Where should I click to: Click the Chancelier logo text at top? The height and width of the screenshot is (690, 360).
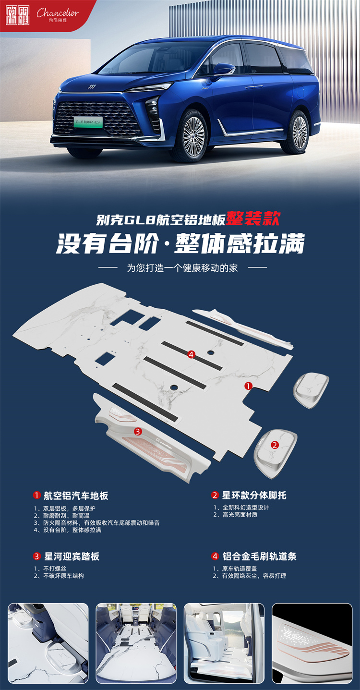tap(58, 12)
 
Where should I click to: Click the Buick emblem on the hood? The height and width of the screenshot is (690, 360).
tap(92, 86)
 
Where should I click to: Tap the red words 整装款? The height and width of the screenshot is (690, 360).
tap(253, 218)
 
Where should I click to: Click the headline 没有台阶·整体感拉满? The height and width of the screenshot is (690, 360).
tap(180, 243)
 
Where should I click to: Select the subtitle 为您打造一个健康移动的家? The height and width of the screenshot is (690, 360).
tap(182, 268)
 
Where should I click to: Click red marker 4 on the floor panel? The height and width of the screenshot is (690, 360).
tap(191, 354)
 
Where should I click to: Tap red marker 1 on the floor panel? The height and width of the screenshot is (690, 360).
tap(248, 386)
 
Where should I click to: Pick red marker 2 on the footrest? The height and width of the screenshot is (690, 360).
tap(275, 445)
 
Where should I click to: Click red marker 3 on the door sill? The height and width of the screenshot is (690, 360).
tap(138, 432)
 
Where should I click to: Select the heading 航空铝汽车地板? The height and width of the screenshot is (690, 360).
tap(76, 496)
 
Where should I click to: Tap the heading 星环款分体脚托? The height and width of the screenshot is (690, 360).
tap(254, 496)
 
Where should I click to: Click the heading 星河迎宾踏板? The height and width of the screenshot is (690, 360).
tap(72, 557)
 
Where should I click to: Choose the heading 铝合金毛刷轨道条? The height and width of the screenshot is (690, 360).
tap(259, 557)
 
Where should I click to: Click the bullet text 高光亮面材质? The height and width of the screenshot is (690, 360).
tap(240, 515)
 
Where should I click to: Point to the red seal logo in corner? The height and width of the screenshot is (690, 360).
tap(17, 15)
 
